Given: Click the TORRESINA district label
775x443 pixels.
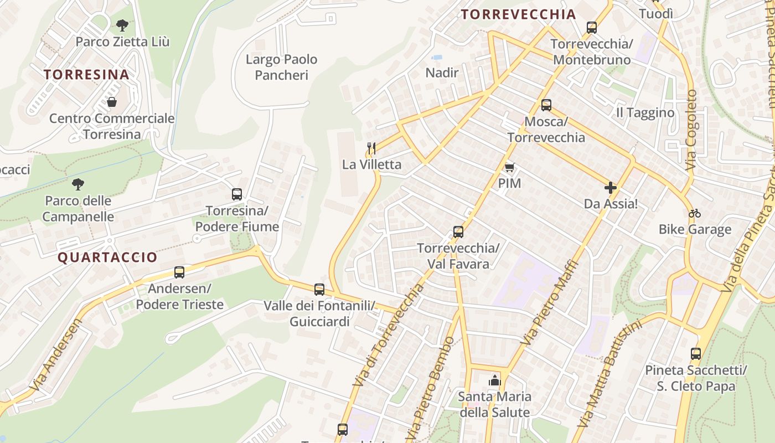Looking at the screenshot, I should [x=86, y=74].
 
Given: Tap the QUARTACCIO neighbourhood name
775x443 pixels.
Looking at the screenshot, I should [x=107, y=257].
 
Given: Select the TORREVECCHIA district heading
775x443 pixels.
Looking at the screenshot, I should [x=519, y=14].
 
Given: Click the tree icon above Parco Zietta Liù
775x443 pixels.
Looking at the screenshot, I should [x=122, y=25].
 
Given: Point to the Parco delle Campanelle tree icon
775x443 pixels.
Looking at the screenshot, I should [x=78, y=184].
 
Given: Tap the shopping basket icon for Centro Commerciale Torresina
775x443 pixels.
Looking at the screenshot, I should [x=112, y=102].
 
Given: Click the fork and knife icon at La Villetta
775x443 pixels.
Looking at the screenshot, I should [x=371, y=148].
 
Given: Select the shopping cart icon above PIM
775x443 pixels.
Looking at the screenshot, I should [x=509, y=167].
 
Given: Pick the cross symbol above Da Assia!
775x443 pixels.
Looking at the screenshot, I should [x=611, y=188].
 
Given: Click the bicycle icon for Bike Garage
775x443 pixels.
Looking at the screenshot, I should [x=695, y=213].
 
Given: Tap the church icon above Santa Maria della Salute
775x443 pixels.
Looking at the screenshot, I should [x=494, y=380].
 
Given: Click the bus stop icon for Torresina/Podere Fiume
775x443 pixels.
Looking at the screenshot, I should [x=237, y=194].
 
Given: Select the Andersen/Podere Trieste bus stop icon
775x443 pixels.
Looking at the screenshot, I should [x=179, y=272].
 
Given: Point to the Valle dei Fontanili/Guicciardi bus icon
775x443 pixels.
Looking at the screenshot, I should [x=319, y=290].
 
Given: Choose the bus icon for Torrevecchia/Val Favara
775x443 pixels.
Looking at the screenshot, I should [x=458, y=232].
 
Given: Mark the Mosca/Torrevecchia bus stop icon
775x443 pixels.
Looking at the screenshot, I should [x=546, y=105].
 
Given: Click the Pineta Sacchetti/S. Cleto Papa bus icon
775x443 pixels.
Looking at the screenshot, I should [x=696, y=354].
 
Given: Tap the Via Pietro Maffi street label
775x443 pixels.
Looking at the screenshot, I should [x=550, y=303].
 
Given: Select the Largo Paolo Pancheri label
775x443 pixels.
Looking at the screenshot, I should [x=281, y=67].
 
